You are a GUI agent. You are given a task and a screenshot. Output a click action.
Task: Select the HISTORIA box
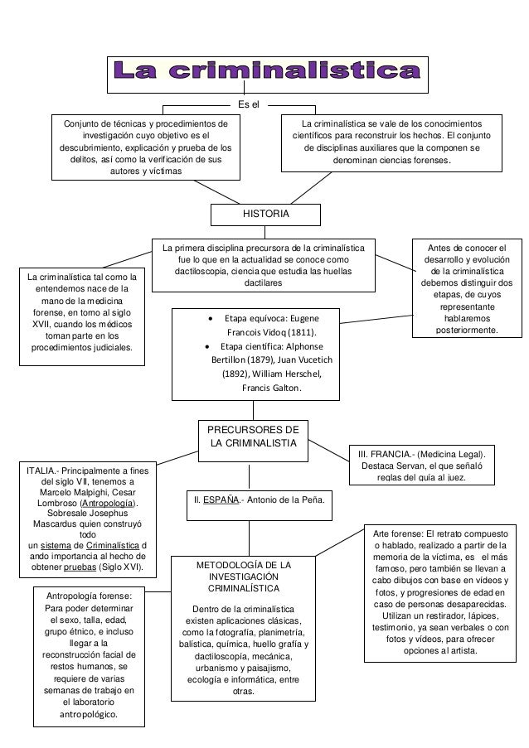pyautogui.click(x=265, y=214)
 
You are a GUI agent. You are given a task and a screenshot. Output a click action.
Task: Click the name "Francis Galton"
pyautogui.click(x=271, y=388)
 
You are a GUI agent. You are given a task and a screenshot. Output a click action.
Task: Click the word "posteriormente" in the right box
pyautogui.click(x=470, y=330)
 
